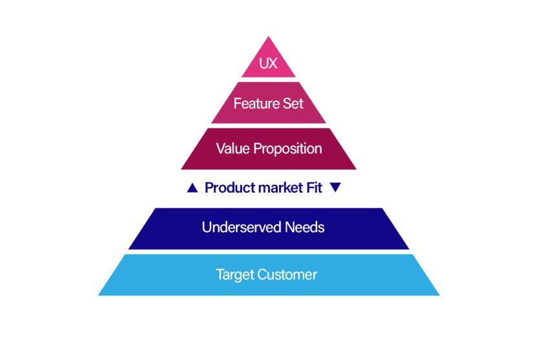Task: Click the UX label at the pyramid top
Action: (x=268, y=65)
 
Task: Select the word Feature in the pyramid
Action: (x=253, y=103)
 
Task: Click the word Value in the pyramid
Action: (x=233, y=149)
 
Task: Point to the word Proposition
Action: (x=287, y=149)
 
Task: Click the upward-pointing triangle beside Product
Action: (x=192, y=188)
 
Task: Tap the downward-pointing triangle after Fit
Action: (x=335, y=188)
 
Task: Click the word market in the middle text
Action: (x=280, y=188)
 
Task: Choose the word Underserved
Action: (x=242, y=228)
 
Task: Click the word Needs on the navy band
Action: (x=304, y=228)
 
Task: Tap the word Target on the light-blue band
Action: (x=235, y=275)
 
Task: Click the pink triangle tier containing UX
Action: (x=268, y=52)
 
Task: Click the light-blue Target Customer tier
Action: (x=142, y=284)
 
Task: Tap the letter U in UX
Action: (x=264, y=65)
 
